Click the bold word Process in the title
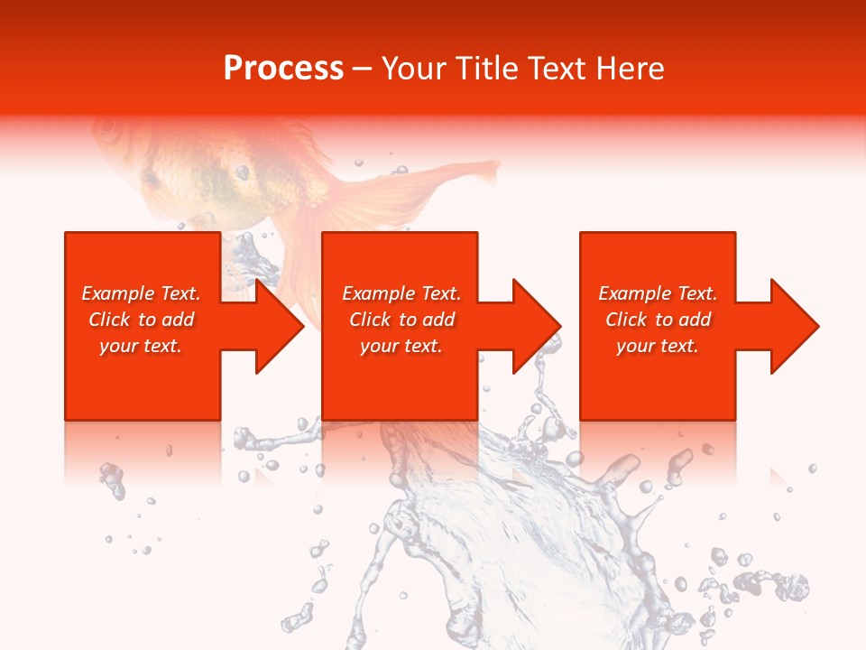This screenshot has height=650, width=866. [x=283, y=69]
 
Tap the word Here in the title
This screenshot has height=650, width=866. [x=631, y=69]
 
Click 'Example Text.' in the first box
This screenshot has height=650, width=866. [x=141, y=293]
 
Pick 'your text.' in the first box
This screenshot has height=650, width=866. [x=141, y=346]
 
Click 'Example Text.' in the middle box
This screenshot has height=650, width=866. [x=401, y=293]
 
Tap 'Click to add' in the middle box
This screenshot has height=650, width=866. [x=401, y=320]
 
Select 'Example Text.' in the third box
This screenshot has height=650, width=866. [x=658, y=293]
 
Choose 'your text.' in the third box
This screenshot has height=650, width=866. [x=658, y=346]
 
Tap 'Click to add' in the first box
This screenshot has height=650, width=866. [x=141, y=320]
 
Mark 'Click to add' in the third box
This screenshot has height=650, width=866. [x=658, y=320]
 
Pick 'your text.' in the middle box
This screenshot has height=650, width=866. [x=401, y=346]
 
